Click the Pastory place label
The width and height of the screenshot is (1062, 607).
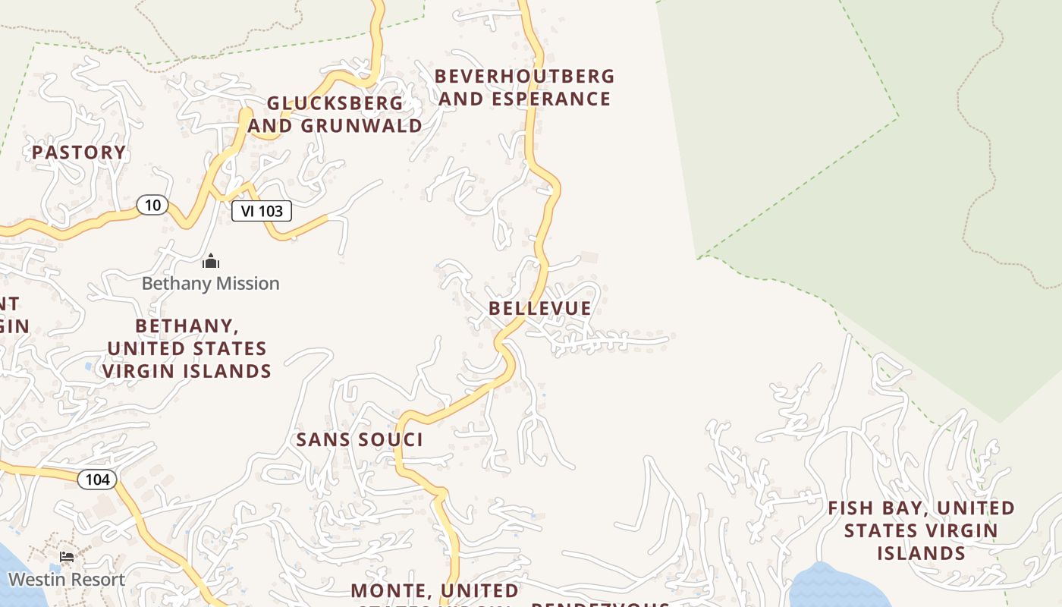[x=79, y=153]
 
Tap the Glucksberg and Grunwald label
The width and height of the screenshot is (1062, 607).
[x=335, y=115]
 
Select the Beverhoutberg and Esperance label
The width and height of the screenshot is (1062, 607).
[x=525, y=88]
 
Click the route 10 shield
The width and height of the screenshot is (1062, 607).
[x=152, y=205]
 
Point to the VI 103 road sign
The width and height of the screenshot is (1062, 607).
[x=262, y=211]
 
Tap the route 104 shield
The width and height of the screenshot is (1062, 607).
[x=97, y=480]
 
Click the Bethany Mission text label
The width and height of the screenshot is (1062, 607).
[x=211, y=284]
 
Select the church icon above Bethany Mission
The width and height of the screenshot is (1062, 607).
[x=211, y=263]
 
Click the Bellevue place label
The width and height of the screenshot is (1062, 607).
[x=540, y=308]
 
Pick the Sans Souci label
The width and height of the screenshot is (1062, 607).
[x=360, y=440]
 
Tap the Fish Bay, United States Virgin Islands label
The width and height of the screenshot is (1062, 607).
[x=921, y=530]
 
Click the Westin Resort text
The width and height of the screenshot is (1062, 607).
[x=67, y=580]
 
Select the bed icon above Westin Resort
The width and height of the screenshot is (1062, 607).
[x=67, y=558]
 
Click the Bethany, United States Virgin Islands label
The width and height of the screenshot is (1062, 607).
[x=187, y=348]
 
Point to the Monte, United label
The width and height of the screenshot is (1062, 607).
[x=435, y=591]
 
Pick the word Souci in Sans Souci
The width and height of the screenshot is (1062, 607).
[x=394, y=440]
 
